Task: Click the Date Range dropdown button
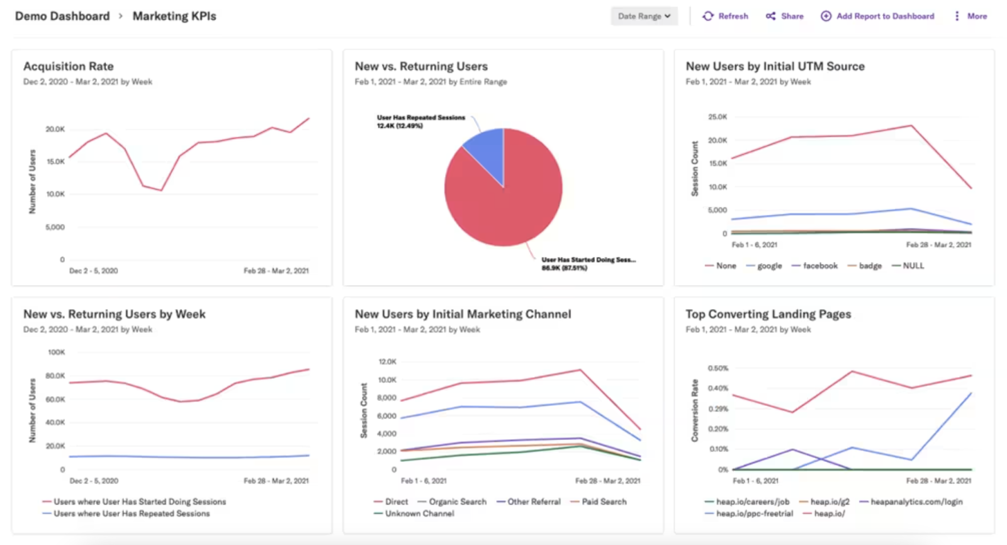click(644, 16)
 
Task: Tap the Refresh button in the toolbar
click(726, 16)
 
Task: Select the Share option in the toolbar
click(785, 16)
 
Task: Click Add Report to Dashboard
click(877, 16)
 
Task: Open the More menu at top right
click(970, 16)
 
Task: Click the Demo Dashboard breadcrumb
click(62, 16)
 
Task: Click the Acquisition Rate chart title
click(69, 66)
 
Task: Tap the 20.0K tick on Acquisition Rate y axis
click(55, 129)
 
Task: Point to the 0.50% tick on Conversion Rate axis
click(718, 368)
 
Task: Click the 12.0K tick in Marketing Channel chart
click(388, 362)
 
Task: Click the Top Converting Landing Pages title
click(768, 314)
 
